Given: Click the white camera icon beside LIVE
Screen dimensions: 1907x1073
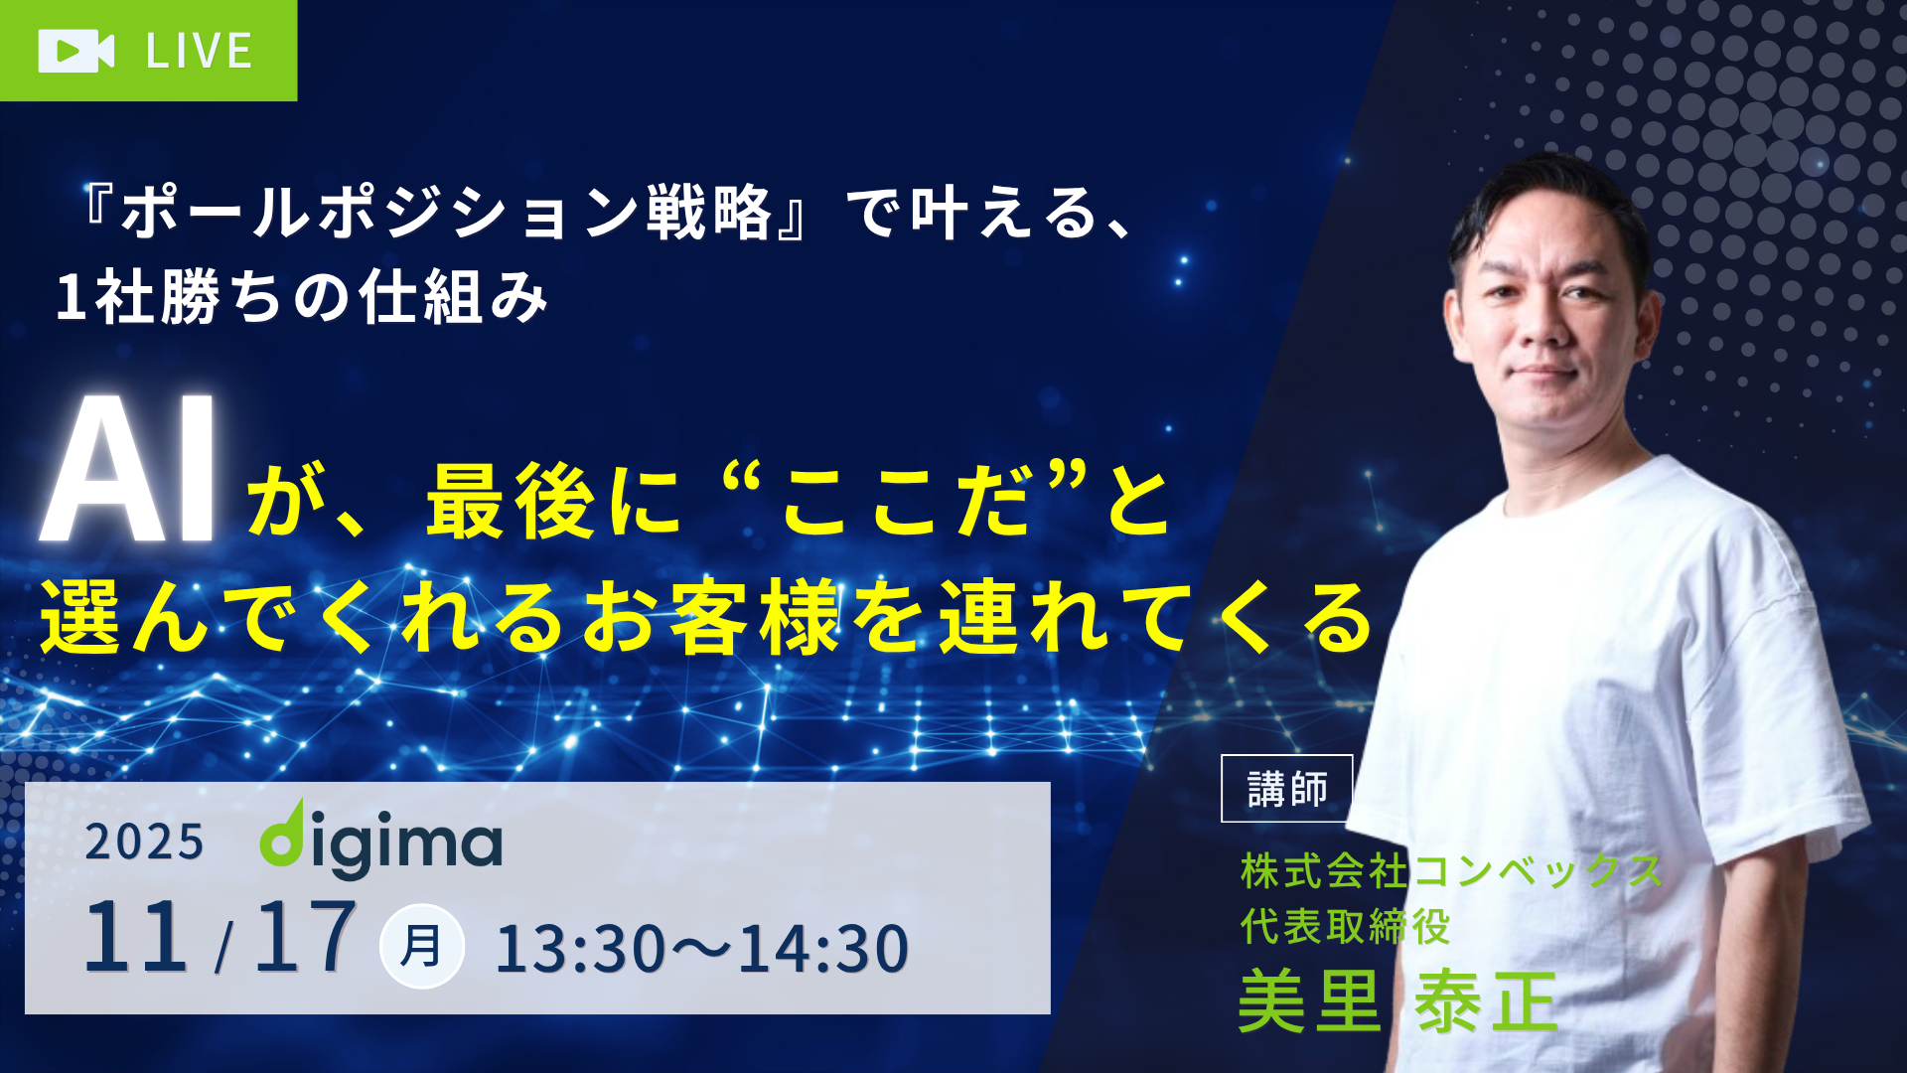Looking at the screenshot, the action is [x=76, y=51].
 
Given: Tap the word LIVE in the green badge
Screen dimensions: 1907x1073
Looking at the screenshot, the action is [x=200, y=52].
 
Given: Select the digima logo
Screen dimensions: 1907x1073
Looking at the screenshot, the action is [x=381, y=840].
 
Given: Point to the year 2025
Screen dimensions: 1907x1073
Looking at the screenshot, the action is [x=144, y=843].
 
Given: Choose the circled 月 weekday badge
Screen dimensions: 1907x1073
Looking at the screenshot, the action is [x=421, y=946].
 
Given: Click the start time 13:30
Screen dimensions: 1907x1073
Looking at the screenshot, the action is [x=581, y=949].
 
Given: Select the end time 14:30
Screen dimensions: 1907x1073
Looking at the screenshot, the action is [x=823, y=949].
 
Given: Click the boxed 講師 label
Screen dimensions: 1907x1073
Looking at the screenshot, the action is [x=1287, y=789].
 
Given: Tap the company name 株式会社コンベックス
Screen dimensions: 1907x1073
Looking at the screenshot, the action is [x=1452, y=871].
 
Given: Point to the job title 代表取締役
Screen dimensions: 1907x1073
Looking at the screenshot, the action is [x=1346, y=927].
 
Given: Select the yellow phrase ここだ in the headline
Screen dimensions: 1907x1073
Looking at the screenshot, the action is [x=905, y=503].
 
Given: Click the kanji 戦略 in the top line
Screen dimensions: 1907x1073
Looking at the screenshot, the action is [x=709, y=213].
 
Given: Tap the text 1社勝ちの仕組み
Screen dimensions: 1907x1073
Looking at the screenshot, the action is [x=302, y=297].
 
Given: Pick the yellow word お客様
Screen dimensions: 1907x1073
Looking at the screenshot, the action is [x=711, y=617].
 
